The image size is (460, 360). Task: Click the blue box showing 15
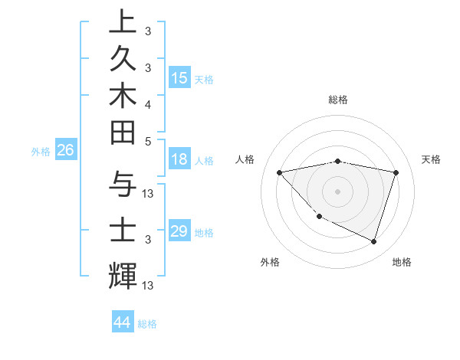point(179,78)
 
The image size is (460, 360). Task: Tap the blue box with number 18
point(179,160)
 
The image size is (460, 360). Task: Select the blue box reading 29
point(179,231)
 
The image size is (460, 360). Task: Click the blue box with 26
point(66,151)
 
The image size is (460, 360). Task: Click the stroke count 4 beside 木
point(147,103)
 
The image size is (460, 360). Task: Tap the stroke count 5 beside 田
point(147,141)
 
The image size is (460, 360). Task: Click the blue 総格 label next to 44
point(148,324)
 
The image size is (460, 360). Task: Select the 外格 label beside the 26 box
point(41,152)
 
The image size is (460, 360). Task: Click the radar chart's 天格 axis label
point(432,159)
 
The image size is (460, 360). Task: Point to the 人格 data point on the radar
point(280,172)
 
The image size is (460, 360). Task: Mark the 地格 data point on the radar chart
point(373,242)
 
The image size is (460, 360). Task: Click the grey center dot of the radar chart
point(337,191)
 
